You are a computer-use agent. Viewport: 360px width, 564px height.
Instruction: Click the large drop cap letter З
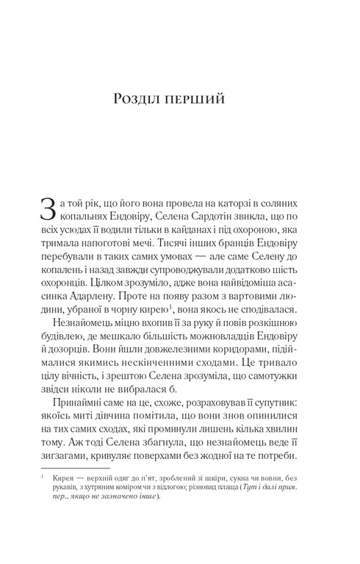[47, 209]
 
